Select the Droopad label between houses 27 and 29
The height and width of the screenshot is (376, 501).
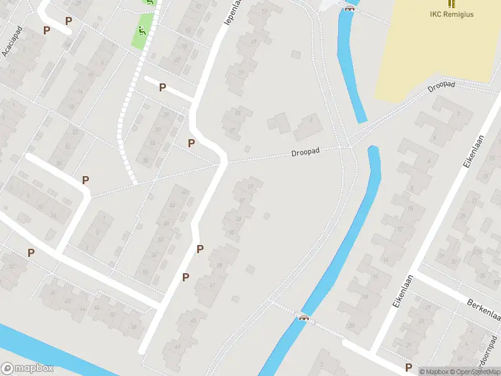tap(306, 153)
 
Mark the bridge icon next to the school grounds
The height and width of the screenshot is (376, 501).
tap(349, 8)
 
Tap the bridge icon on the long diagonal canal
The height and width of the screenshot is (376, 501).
tap(304, 317)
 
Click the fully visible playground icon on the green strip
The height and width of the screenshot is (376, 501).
tap(142, 29)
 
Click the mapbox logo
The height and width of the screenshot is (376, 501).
tap(27, 368)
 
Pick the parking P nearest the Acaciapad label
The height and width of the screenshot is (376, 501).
tap(46, 29)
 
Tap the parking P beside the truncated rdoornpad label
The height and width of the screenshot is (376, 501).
tap(408, 367)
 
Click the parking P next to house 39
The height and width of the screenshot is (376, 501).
tap(200, 249)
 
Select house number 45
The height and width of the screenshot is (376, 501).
tap(194, 321)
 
